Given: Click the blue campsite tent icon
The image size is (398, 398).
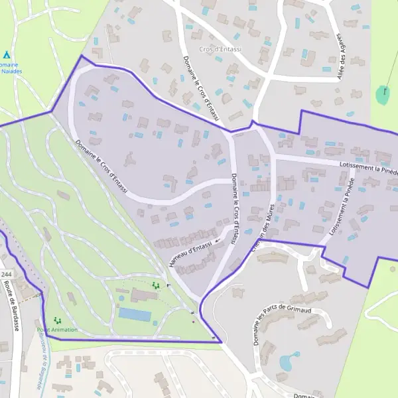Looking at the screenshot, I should [7, 54].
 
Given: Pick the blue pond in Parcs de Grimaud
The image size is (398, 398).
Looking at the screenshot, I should [289, 362].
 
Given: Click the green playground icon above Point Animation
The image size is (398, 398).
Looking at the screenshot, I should [57, 320].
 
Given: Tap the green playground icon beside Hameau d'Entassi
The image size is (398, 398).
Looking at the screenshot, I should [156, 285].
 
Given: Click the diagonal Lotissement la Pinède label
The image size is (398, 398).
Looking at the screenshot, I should [342, 206].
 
